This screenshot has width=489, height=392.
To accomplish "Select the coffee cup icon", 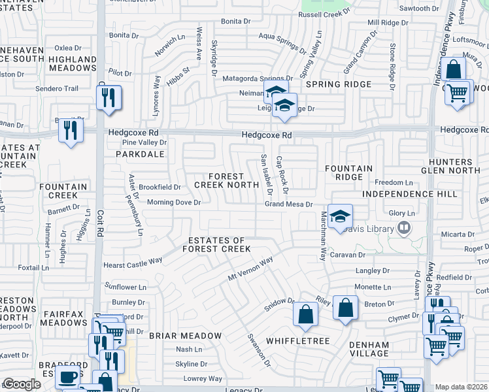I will (67, 378).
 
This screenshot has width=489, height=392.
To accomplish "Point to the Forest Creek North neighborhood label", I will (226, 181).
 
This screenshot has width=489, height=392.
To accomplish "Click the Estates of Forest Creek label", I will (216, 245).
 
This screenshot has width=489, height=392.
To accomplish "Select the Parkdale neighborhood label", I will (140, 155).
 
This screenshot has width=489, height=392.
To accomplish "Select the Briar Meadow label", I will (185, 335).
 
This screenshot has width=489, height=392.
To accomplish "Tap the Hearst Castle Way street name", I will (133, 265).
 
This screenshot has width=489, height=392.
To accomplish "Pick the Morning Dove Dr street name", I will (173, 203).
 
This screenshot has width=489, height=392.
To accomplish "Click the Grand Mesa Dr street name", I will (290, 204).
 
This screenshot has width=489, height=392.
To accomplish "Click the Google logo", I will (22, 384).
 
